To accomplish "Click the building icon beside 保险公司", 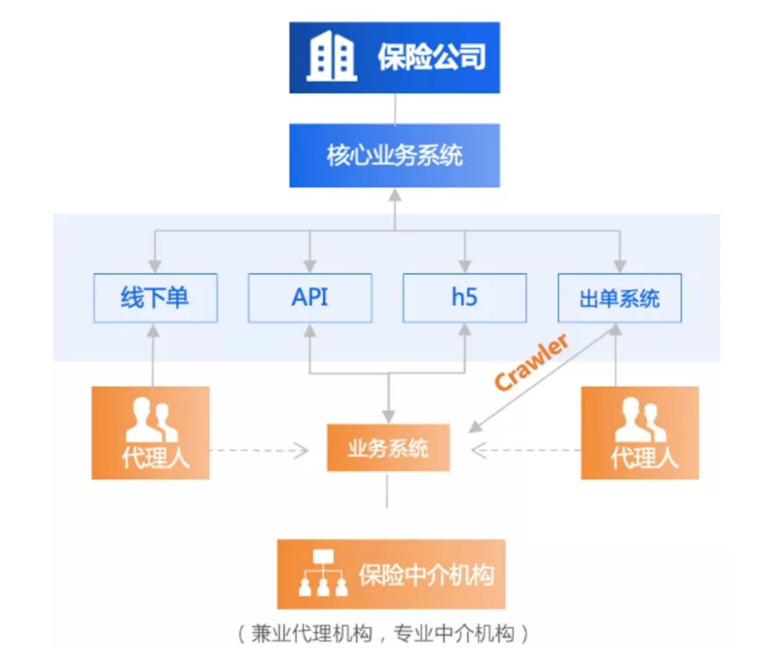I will [331, 57].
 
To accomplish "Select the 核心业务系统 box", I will [394, 156].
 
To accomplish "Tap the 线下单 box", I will [155, 298].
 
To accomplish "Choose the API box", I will [310, 298].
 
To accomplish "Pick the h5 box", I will [464, 298].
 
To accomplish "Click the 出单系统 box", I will [619, 298].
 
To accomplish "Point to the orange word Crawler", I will [531, 362].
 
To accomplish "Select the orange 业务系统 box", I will [388, 448].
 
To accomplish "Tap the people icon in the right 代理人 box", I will [640, 421].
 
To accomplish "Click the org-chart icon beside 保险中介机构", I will [323, 573].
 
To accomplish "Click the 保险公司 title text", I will [432, 57].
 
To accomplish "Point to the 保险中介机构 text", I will [426, 575].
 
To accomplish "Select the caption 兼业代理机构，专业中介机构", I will [383, 633].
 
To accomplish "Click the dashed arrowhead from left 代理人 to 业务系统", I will [302, 451].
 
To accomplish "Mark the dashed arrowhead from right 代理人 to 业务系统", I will [478, 451].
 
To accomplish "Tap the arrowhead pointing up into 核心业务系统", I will [394, 195].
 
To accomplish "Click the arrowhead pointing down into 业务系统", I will [389, 416].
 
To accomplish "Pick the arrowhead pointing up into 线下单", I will [153, 331].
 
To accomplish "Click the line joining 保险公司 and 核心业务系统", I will [395, 109].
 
